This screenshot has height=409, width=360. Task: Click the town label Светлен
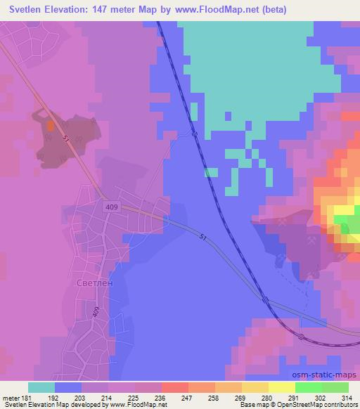pos(91,283)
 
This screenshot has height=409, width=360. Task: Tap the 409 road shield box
pos(114,207)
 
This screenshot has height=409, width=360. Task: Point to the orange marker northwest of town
pos(51,126)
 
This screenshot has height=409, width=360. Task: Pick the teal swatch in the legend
pos(41,387)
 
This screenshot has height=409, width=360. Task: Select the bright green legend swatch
pos(309,387)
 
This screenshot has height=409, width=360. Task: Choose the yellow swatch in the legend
pos(281,387)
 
